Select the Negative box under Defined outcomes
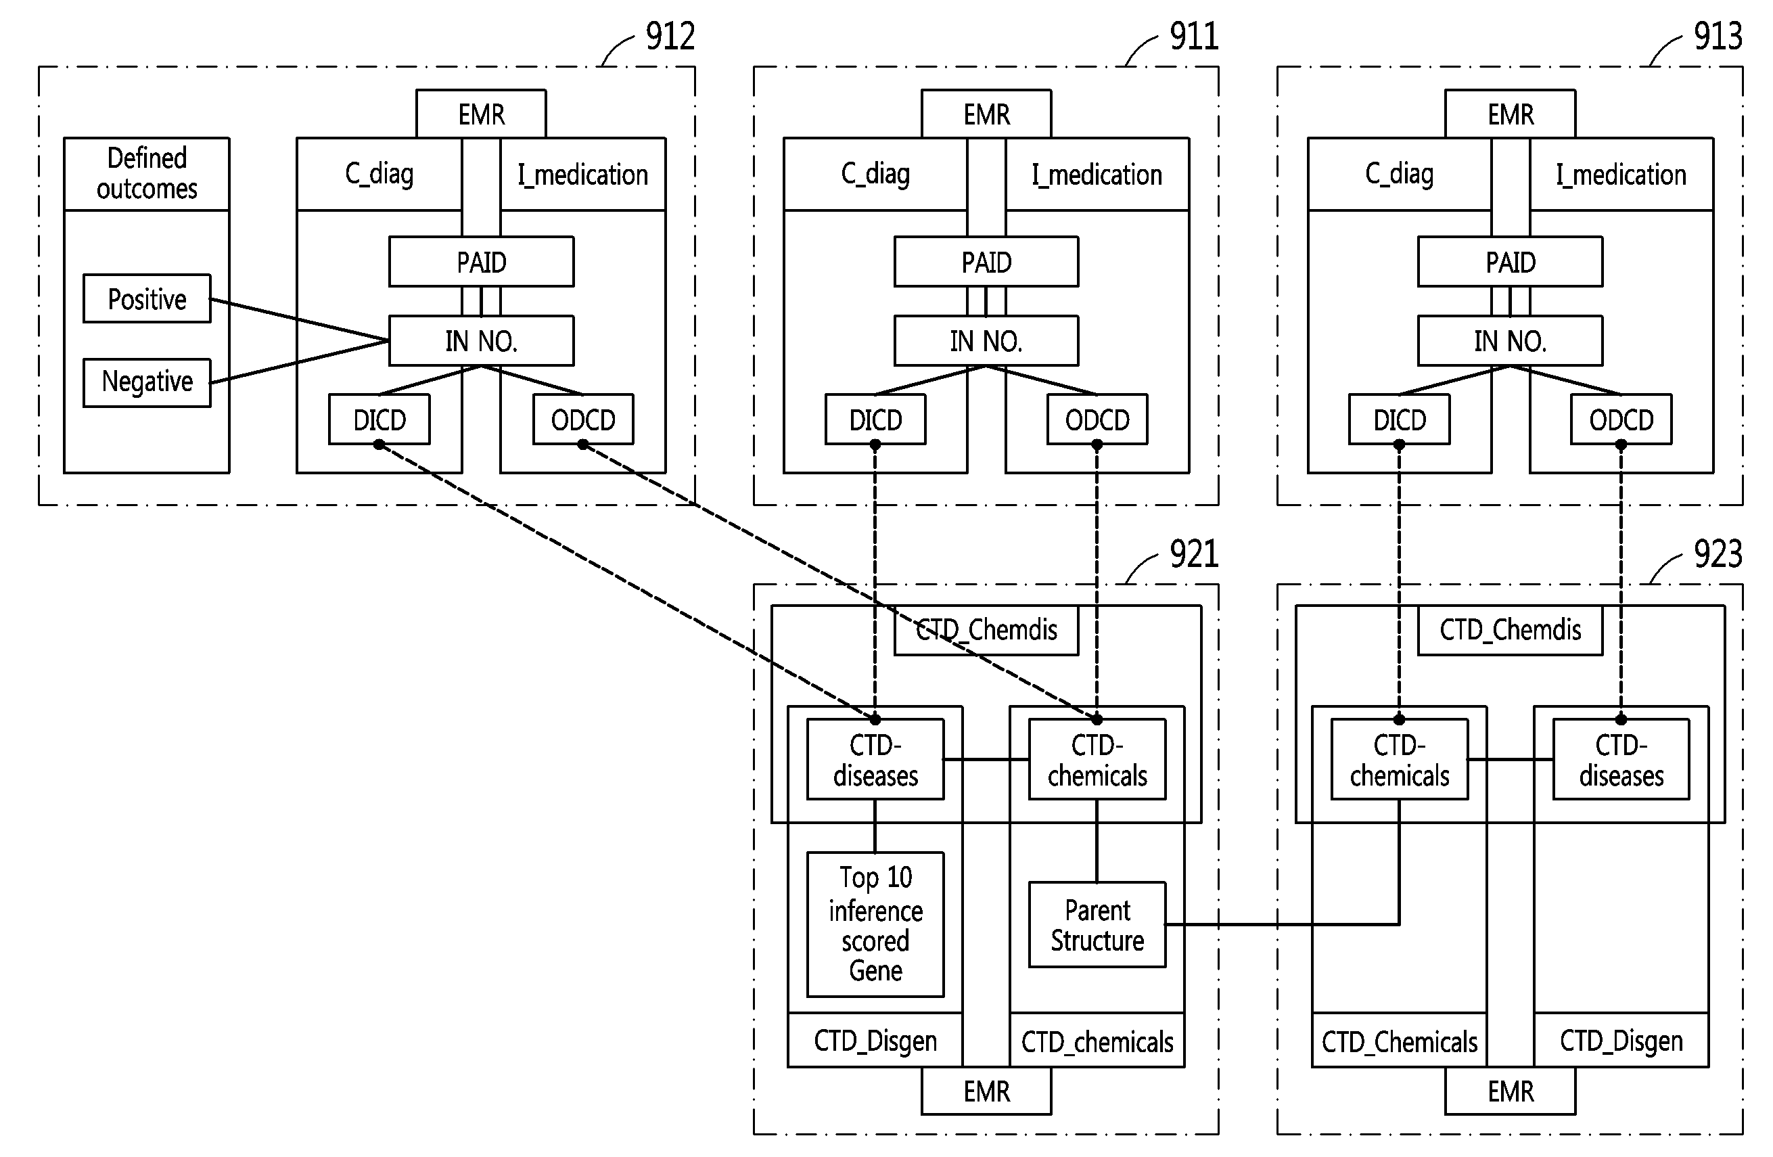147,382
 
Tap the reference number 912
670,37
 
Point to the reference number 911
1194,37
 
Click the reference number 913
1718,37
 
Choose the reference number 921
1194,554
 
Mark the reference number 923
1718,554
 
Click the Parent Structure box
1097,924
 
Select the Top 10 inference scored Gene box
875,924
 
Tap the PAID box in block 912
481,261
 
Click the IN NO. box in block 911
986,340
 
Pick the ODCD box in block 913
1621,419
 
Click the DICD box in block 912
379,419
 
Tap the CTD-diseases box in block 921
875,759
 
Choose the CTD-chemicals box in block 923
1400,759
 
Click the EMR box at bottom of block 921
986,1091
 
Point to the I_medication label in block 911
1097,175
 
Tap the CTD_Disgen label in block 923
1621,1041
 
